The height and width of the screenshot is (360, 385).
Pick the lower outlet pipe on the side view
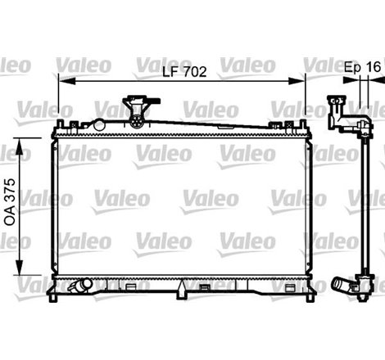coord(344,287)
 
